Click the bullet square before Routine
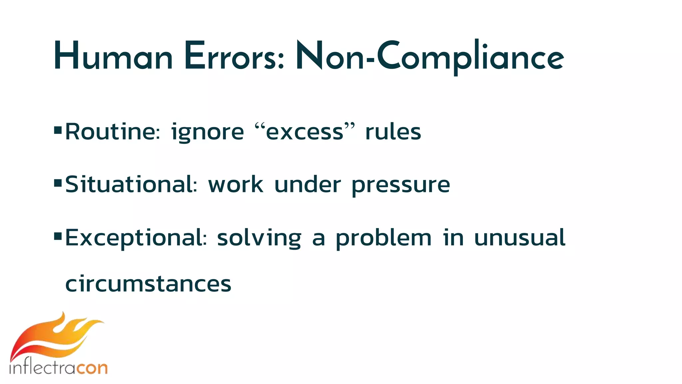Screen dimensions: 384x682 pos(58,130)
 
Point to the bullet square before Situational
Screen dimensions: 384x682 pos(58,183)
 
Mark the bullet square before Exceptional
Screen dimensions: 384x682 pos(58,236)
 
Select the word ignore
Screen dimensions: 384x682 pos(207,132)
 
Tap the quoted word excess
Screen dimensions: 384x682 pos(304,132)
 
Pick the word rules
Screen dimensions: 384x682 pos(393,131)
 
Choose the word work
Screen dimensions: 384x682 pos(236,185)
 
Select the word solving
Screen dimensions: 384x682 pos(259,238)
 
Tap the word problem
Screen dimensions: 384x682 pos(383,238)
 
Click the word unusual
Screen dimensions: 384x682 pos(519,237)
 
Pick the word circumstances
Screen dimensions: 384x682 pos(148,284)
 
